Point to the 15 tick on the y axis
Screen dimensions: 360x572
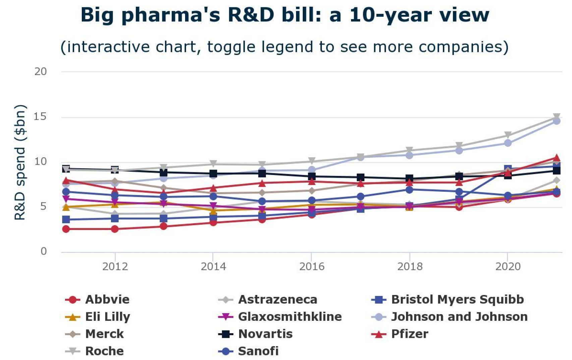pyautogui.click(x=40, y=117)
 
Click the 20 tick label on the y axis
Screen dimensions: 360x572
pyautogui.click(x=40, y=71)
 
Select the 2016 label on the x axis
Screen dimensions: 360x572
pyautogui.click(x=312, y=266)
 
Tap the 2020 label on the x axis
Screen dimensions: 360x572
pyautogui.click(x=508, y=266)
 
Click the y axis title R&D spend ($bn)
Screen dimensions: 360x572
pyautogui.click(x=20, y=162)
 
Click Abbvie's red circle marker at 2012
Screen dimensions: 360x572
pyautogui.click(x=115, y=229)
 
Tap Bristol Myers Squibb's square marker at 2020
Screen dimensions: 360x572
pyautogui.click(x=508, y=169)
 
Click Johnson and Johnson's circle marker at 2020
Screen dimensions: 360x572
pyautogui.click(x=508, y=143)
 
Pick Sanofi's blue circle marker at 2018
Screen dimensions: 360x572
pyautogui.click(x=409, y=190)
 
